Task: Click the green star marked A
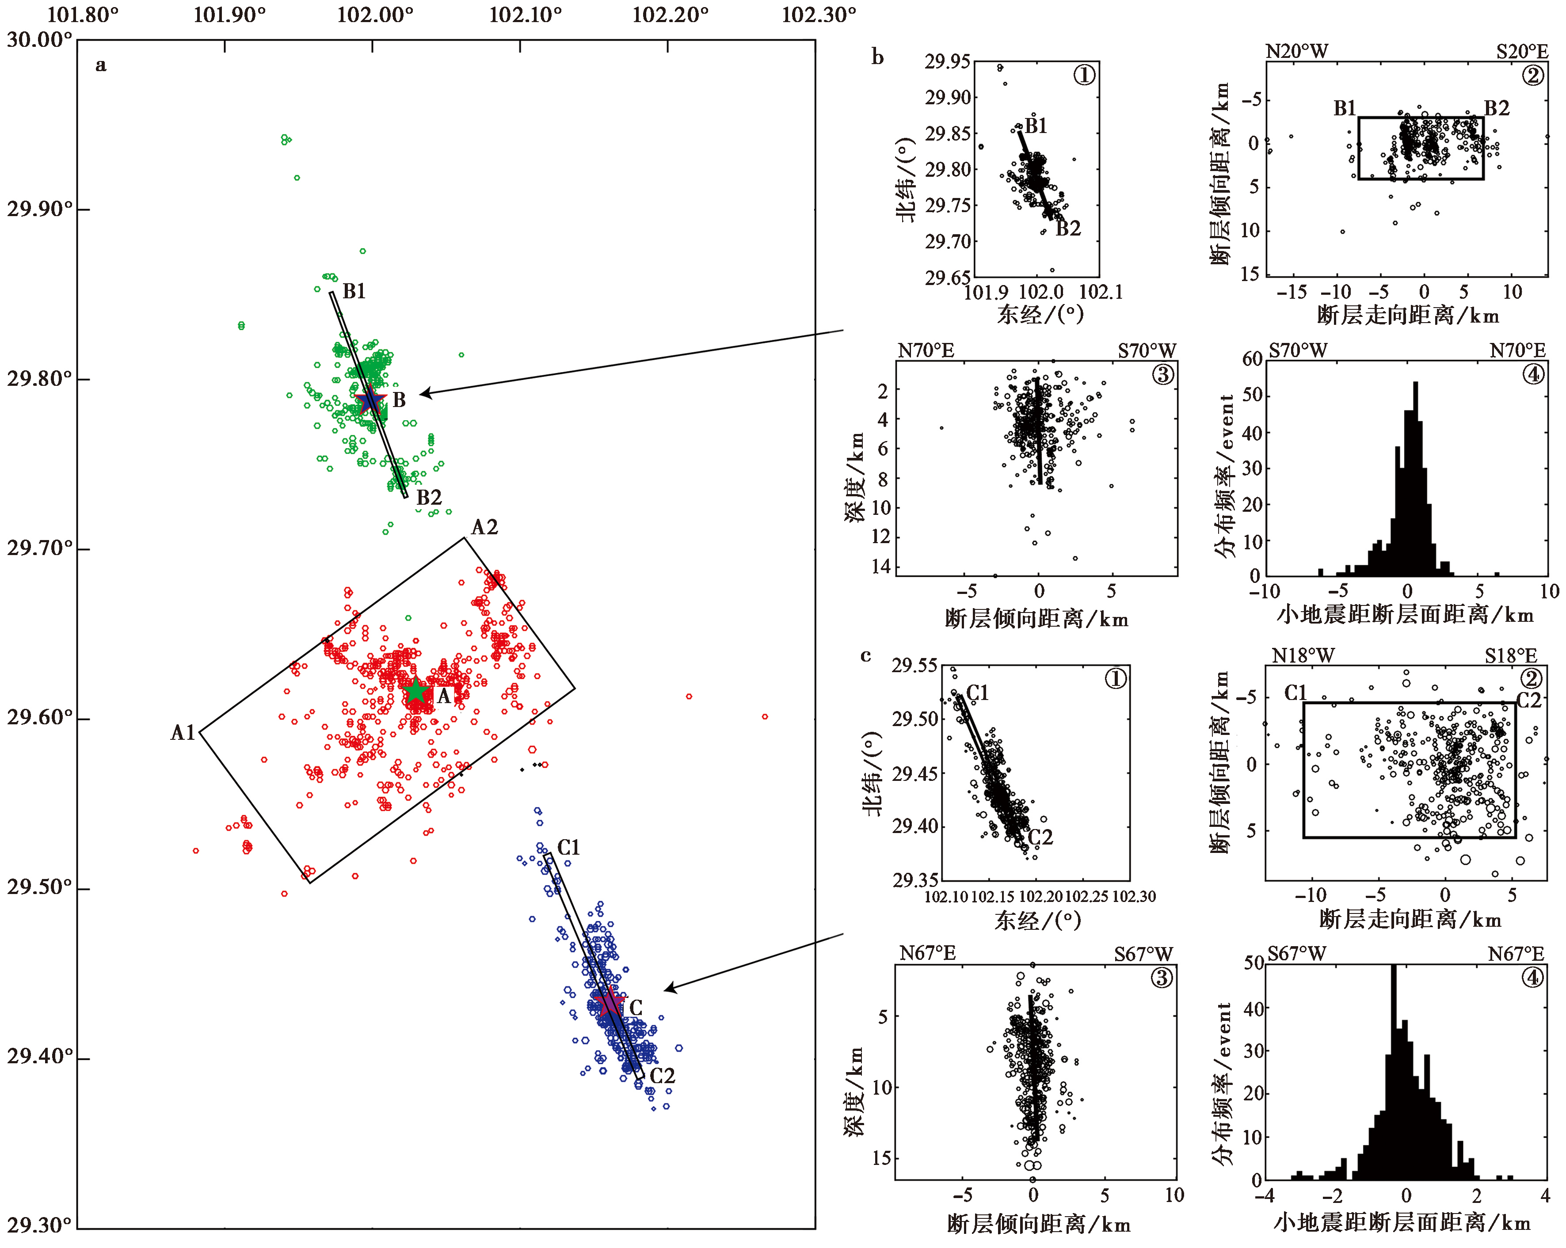tap(415, 692)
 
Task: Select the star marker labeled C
tap(609, 1002)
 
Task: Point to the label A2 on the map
tap(484, 527)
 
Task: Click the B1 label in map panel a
tap(354, 291)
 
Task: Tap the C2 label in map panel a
tap(662, 1076)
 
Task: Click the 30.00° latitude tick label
tap(40, 40)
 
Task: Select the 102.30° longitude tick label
tap(819, 15)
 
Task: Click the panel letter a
tap(101, 65)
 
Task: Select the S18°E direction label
tap(1511, 656)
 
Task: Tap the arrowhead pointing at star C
tap(670, 988)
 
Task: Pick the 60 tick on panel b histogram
tap(1252, 359)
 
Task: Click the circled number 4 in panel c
tap(1532, 978)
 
